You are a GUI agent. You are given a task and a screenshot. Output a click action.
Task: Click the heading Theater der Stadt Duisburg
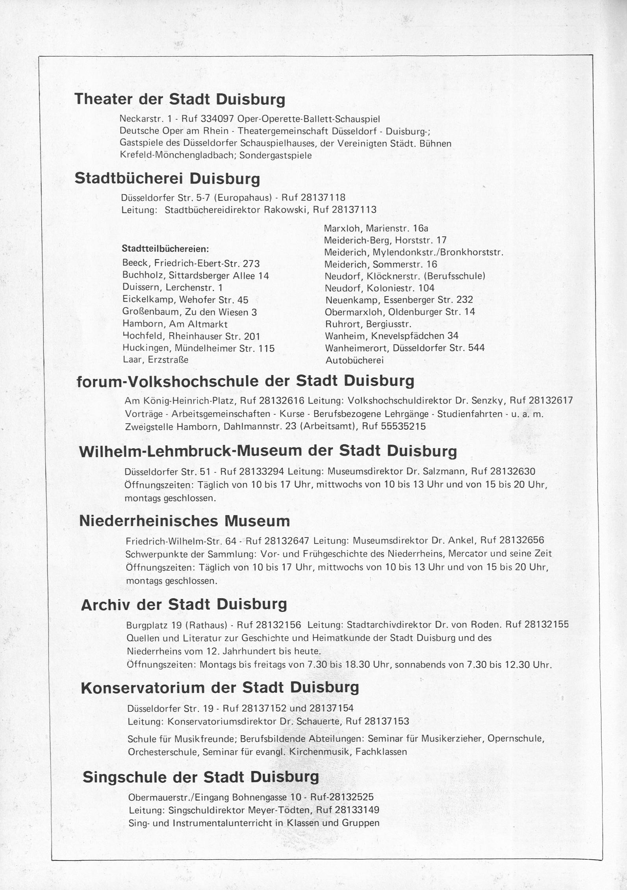tap(180, 99)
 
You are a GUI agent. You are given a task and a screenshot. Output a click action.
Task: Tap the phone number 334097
tap(217, 119)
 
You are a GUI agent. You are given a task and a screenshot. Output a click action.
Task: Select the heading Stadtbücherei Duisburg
tap(167, 179)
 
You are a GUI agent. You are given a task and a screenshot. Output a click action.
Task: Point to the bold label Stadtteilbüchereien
tap(165, 249)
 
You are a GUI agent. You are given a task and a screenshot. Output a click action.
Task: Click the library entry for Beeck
tap(191, 263)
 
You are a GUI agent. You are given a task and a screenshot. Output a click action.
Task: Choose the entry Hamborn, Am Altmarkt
tap(175, 324)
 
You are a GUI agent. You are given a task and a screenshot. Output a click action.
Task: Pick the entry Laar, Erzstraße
tap(155, 360)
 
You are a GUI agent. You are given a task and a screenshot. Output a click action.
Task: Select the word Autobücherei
tap(354, 360)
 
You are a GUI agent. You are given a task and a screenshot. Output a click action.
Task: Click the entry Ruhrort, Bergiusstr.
tap(368, 324)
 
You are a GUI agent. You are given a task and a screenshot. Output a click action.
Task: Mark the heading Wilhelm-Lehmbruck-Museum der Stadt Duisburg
tap(268, 451)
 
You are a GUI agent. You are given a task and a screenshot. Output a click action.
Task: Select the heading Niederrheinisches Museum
tap(184, 521)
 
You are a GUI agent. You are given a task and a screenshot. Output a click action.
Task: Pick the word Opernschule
tap(516, 738)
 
